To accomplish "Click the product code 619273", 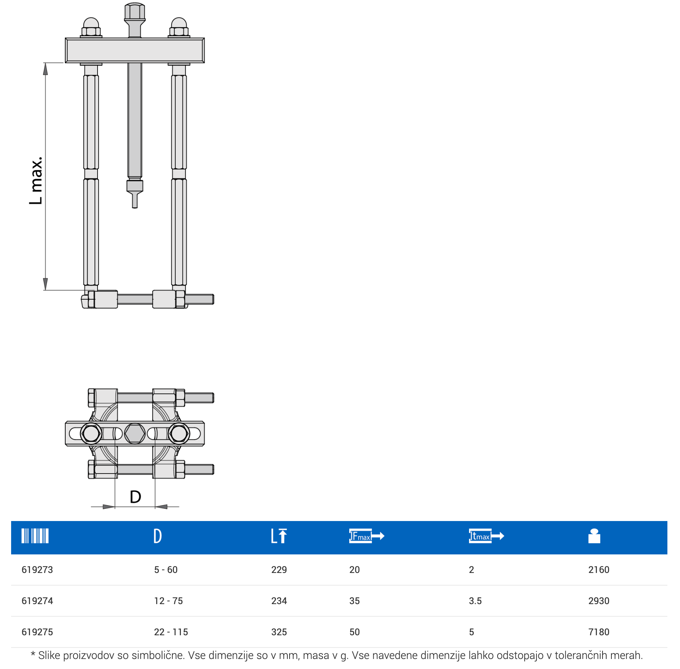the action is coord(37,570).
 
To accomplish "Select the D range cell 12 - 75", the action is coord(168,601).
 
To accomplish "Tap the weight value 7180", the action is coord(599,632).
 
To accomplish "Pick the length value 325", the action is coord(279,632).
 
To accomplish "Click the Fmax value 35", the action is coord(354,601).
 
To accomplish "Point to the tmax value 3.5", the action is coord(475,601).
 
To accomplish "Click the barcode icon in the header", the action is coord(35,536).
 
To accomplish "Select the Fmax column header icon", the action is coord(367,536).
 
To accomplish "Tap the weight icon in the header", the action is coord(594,536).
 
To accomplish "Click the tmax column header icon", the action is coord(486,536).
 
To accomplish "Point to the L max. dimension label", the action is coord(36,181).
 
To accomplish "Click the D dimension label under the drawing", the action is coord(135,497).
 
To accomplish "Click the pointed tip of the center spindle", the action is coord(135,207).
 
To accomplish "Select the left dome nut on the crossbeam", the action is coord(91,27).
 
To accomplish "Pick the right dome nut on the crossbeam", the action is coord(179,27).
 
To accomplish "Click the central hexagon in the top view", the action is coord(135,433).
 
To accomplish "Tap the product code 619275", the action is coord(37,632).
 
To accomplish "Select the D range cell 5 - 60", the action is coord(166,570).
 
